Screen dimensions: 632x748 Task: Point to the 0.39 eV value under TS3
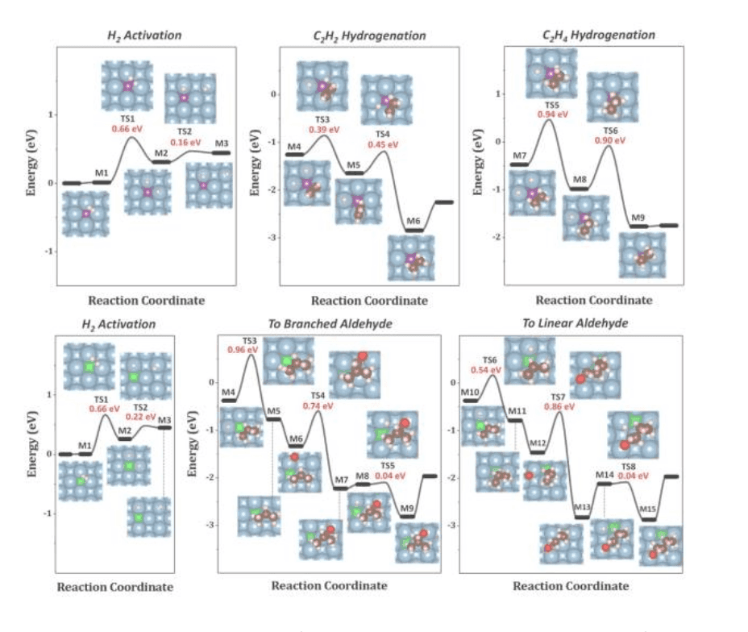(x=322, y=129)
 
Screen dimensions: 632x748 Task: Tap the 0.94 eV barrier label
(x=551, y=114)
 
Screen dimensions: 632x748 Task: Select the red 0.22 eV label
(x=142, y=418)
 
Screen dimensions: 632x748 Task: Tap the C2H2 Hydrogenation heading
(x=369, y=35)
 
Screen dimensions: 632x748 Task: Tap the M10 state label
(x=471, y=392)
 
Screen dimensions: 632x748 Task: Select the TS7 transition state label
(x=558, y=397)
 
